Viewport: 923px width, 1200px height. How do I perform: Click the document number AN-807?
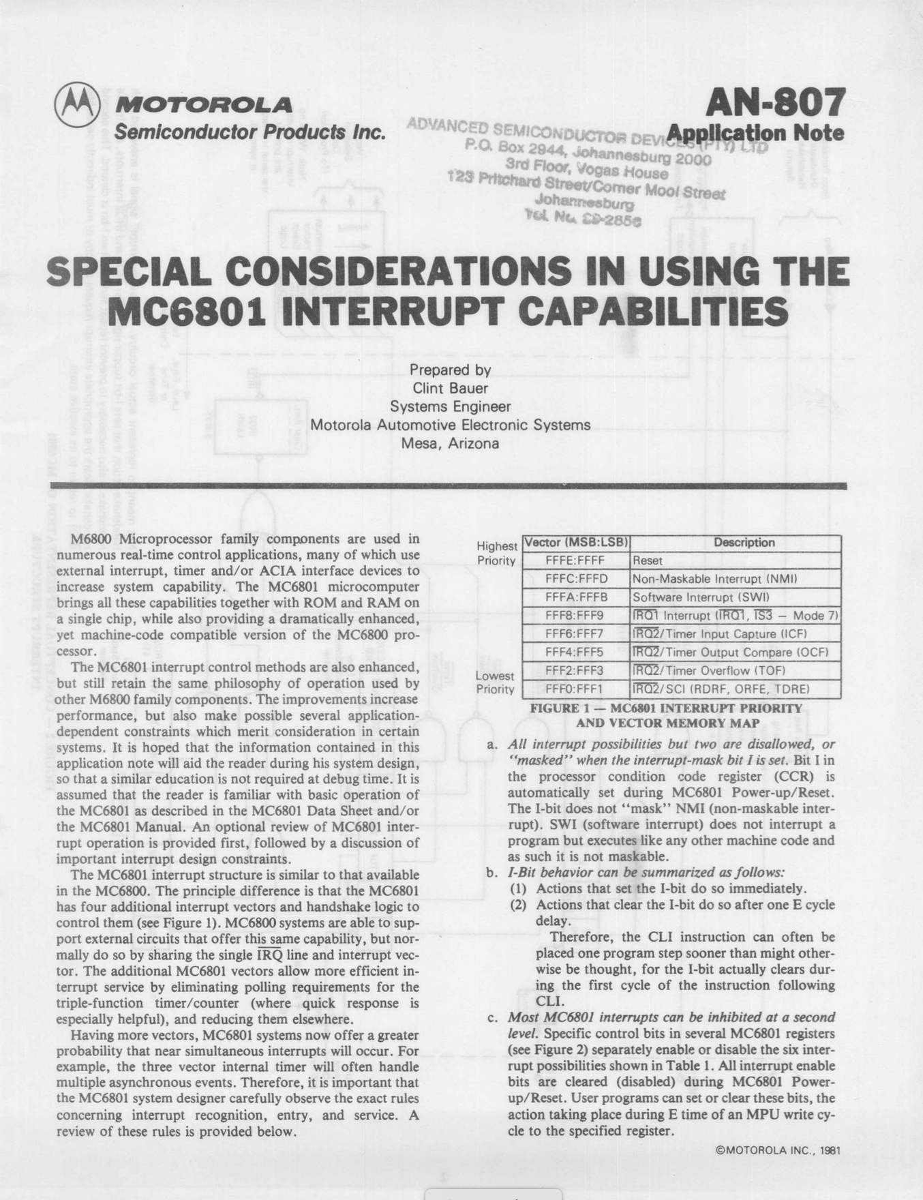774,104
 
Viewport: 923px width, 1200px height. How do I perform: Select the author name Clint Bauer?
450,388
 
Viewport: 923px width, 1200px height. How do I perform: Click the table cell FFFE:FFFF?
576,561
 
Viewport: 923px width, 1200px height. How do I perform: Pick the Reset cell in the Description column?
648,561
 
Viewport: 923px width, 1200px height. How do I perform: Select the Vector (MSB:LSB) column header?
576,543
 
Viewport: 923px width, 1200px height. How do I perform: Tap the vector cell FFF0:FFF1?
576,689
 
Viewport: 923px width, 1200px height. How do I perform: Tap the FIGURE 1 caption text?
666,715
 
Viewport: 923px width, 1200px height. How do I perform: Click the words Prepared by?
450,370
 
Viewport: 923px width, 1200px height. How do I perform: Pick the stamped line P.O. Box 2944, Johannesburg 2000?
588,153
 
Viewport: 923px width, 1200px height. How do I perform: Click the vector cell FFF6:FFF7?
576,634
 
